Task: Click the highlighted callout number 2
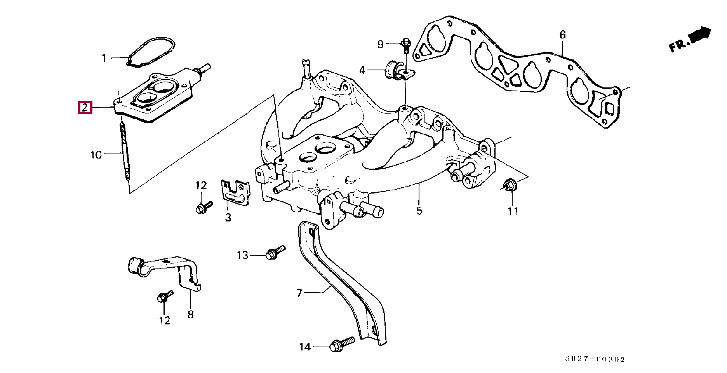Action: click(85, 107)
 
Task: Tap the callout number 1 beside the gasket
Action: click(104, 58)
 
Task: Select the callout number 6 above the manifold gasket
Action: click(563, 35)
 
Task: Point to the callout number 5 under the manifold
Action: click(419, 211)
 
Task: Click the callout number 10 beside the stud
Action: click(96, 155)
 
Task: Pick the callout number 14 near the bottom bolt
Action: click(305, 347)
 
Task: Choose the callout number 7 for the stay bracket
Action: click(299, 293)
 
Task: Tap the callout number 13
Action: click(242, 255)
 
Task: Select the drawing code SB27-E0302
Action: click(595, 359)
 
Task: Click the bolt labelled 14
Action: click(341, 344)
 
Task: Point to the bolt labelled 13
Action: click(275, 252)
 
